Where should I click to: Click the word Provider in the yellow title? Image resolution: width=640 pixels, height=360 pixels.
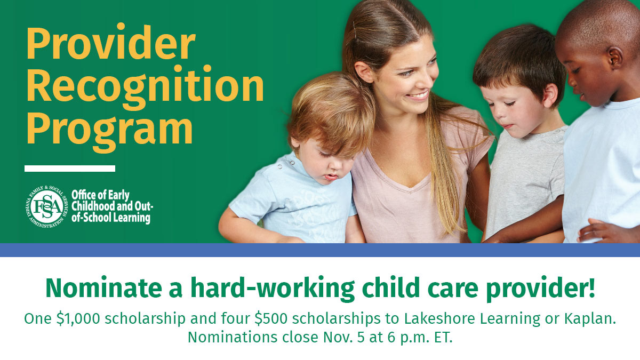coord(111,42)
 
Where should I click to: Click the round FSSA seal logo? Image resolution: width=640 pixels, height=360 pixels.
coord(47,206)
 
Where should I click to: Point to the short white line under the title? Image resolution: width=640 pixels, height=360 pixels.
coord(70,169)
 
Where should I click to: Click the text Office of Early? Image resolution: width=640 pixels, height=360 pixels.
coord(100,195)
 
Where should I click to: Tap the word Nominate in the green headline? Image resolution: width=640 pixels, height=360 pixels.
coord(103,287)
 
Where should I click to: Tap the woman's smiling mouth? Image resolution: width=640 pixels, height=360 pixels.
coord(419,95)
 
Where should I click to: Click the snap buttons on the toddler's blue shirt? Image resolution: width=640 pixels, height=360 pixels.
coord(286,165)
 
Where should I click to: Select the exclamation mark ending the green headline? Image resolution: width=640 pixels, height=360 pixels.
coord(591,286)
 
